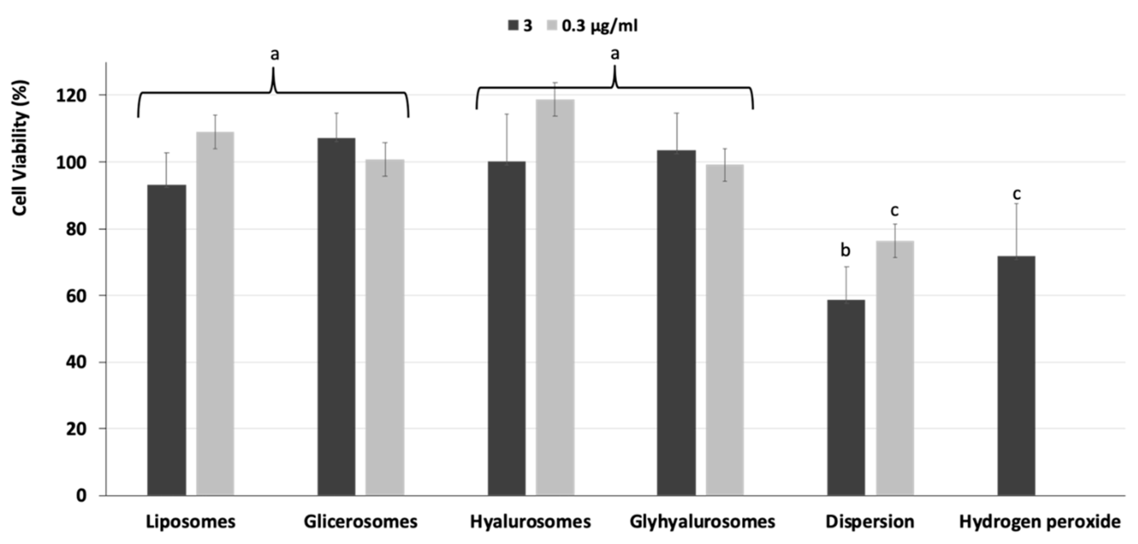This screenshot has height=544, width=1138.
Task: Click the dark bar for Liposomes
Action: (167, 340)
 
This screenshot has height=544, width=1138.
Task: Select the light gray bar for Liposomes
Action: (215, 313)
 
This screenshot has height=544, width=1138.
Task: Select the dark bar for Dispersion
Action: (846, 397)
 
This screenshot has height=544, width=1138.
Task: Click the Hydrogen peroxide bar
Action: (1016, 375)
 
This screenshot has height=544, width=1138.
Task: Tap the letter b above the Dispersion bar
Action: (845, 250)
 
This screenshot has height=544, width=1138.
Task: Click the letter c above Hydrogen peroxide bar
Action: (1016, 193)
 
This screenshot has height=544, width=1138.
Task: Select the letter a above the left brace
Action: (274, 54)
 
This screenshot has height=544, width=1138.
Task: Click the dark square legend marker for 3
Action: (512, 26)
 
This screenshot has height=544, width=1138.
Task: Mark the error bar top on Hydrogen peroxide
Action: (1016, 204)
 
